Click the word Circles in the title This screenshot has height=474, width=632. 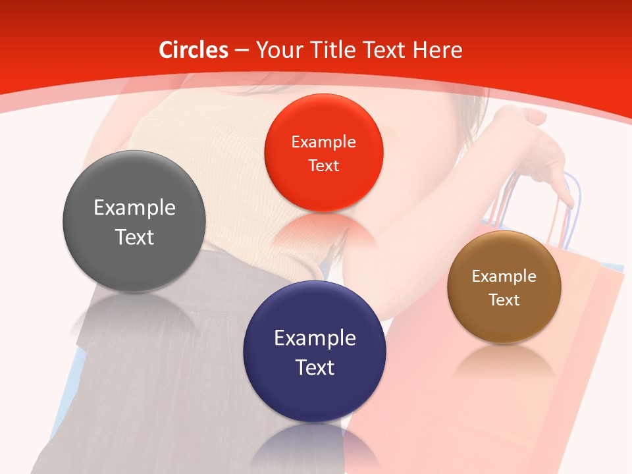click(x=194, y=50)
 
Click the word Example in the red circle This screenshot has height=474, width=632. click(x=323, y=142)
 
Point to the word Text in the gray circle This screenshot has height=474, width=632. click(x=134, y=237)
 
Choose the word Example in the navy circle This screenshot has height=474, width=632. click(x=315, y=338)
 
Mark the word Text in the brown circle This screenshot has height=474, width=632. click(x=504, y=300)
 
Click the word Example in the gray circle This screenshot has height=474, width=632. click(x=134, y=208)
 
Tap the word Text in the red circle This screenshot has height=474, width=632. click(x=323, y=166)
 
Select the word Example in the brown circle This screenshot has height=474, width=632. click(x=504, y=276)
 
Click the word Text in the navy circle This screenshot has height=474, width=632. click(x=315, y=367)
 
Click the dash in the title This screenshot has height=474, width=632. click(x=242, y=51)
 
